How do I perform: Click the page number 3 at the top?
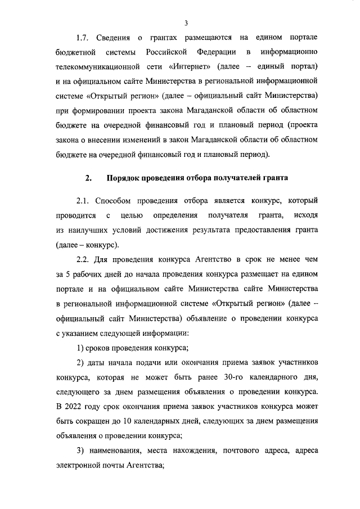186,22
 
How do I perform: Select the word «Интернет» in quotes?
181,67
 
